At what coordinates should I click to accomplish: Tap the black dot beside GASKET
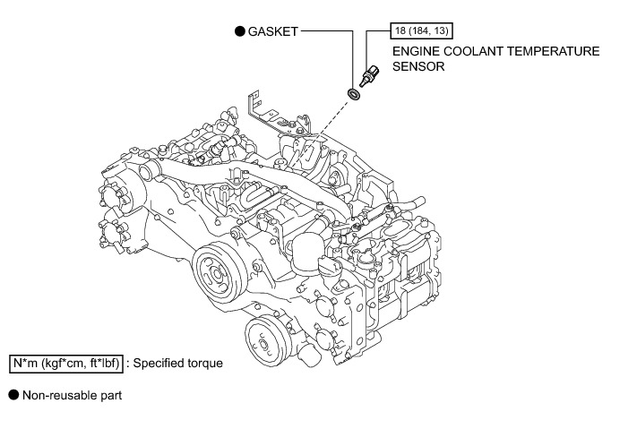239,30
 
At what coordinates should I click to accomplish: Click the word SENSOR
418,67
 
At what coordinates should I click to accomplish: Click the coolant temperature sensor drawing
368,73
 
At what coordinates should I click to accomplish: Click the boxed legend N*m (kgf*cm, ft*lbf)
65,364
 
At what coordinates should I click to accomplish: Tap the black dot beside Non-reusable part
13,394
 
